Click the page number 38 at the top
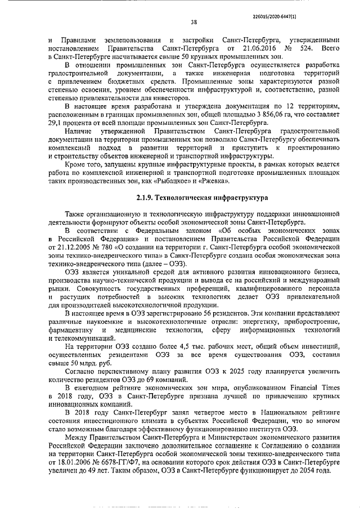point(193,23)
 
